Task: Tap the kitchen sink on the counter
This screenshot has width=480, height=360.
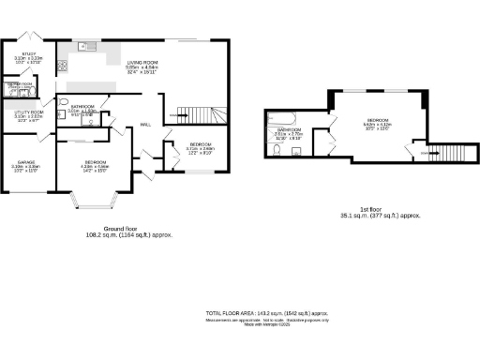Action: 85,45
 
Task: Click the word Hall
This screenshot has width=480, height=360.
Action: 146,125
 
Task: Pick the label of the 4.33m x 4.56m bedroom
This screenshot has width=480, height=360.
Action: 94,167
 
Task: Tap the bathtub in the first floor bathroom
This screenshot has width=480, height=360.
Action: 280,117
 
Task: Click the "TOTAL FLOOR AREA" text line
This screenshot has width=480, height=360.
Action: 265,311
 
